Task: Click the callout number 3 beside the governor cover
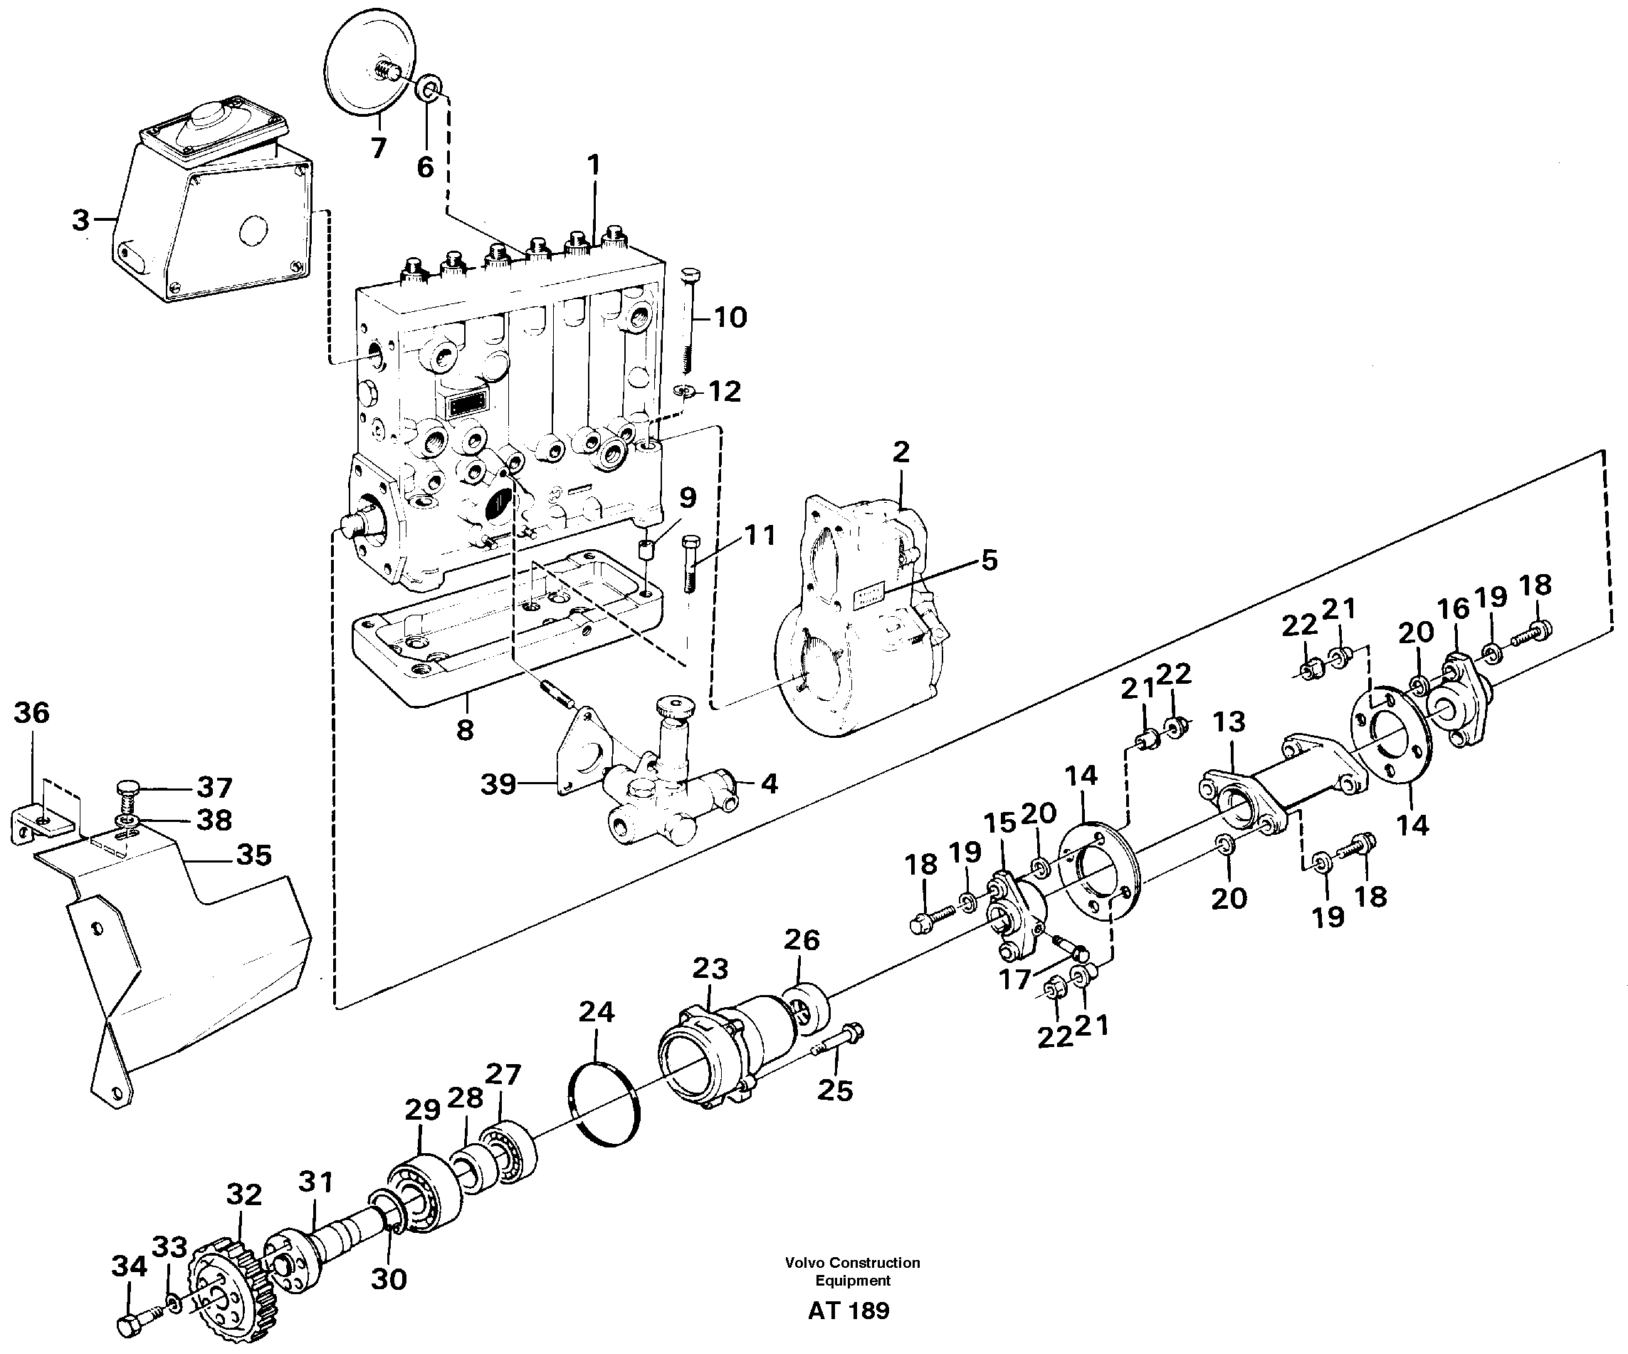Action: (x=80, y=220)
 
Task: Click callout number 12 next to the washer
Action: (x=725, y=392)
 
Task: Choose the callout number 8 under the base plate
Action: (x=464, y=729)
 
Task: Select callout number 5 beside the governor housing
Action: (x=989, y=560)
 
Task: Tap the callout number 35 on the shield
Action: (x=253, y=855)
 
